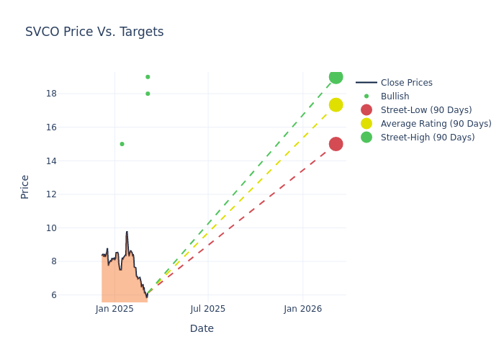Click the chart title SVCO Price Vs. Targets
click(94, 32)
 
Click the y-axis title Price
click(25, 186)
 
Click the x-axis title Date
click(202, 328)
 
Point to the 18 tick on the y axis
click(51, 94)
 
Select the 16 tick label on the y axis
click(51, 127)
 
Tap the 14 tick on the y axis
click(51, 161)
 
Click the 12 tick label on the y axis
click(51, 194)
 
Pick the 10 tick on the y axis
click(51, 228)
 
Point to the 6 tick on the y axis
click(53, 295)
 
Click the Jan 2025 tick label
click(114, 309)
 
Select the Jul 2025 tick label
click(208, 309)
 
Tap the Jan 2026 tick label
click(303, 309)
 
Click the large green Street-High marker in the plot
click(336, 77)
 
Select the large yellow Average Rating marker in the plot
click(336, 105)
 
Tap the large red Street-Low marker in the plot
click(336, 144)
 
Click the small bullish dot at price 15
click(122, 144)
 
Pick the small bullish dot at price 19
click(148, 77)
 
